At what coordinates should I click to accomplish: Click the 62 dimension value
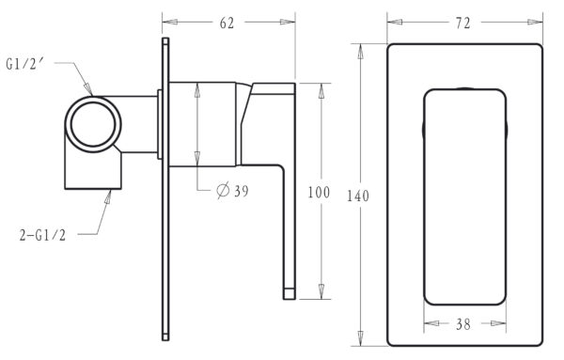[x=227, y=23]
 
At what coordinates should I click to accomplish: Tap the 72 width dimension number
[x=462, y=23]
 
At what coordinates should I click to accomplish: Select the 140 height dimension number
[x=358, y=196]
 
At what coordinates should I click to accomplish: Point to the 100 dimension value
[x=319, y=193]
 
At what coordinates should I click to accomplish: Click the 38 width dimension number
[x=462, y=324]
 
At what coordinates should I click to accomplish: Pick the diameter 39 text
[x=232, y=191]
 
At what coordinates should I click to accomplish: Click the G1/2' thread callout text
[x=24, y=64]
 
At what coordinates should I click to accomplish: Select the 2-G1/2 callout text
[x=43, y=235]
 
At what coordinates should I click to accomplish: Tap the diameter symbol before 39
[x=223, y=191]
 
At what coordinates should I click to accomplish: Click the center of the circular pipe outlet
[x=93, y=124]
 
